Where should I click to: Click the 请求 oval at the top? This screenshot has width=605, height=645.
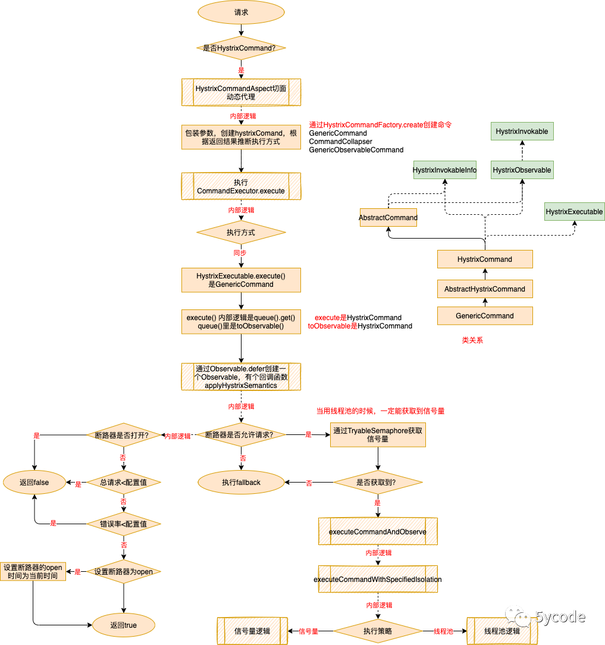(x=241, y=12)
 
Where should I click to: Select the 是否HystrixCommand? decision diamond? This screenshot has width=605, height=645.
(x=241, y=48)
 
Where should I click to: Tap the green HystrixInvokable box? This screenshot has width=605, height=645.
(x=522, y=131)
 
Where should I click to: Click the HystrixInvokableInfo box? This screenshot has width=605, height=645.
(x=445, y=170)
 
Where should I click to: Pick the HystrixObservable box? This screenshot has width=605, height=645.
(x=522, y=170)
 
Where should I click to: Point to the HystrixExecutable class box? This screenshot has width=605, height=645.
(x=574, y=212)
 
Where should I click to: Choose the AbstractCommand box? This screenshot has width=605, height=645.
(x=388, y=218)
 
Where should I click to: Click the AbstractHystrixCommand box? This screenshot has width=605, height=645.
(x=485, y=289)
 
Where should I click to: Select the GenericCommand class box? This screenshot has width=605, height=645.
(x=485, y=316)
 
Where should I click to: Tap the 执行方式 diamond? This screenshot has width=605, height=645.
(x=241, y=233)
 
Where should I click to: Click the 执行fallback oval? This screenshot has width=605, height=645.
(x=241, y=483)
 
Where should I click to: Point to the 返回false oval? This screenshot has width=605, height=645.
(x=34, y=483)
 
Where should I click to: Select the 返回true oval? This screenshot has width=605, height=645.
(x=124, y=625)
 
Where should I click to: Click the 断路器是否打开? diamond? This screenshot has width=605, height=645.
(x=124, y=435)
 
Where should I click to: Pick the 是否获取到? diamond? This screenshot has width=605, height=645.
(x=378, y=483)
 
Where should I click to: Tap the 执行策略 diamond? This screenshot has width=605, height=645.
(x=378, y=631)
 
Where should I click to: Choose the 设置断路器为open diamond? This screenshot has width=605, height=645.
(x=124, y=572)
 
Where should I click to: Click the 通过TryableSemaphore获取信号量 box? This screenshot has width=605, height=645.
(x=378, y=435)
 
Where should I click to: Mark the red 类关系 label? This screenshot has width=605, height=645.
(x=472, y=341)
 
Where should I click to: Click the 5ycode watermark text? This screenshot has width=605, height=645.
(x=560, y=617)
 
